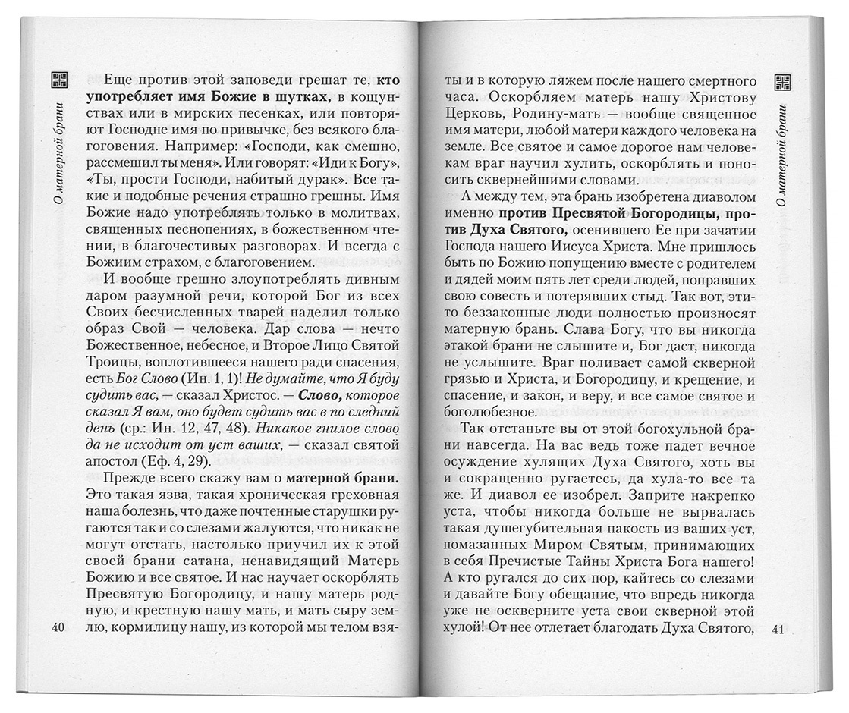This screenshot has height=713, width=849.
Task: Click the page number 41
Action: point(780,629)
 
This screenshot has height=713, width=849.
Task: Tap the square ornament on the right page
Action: point(784,81)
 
